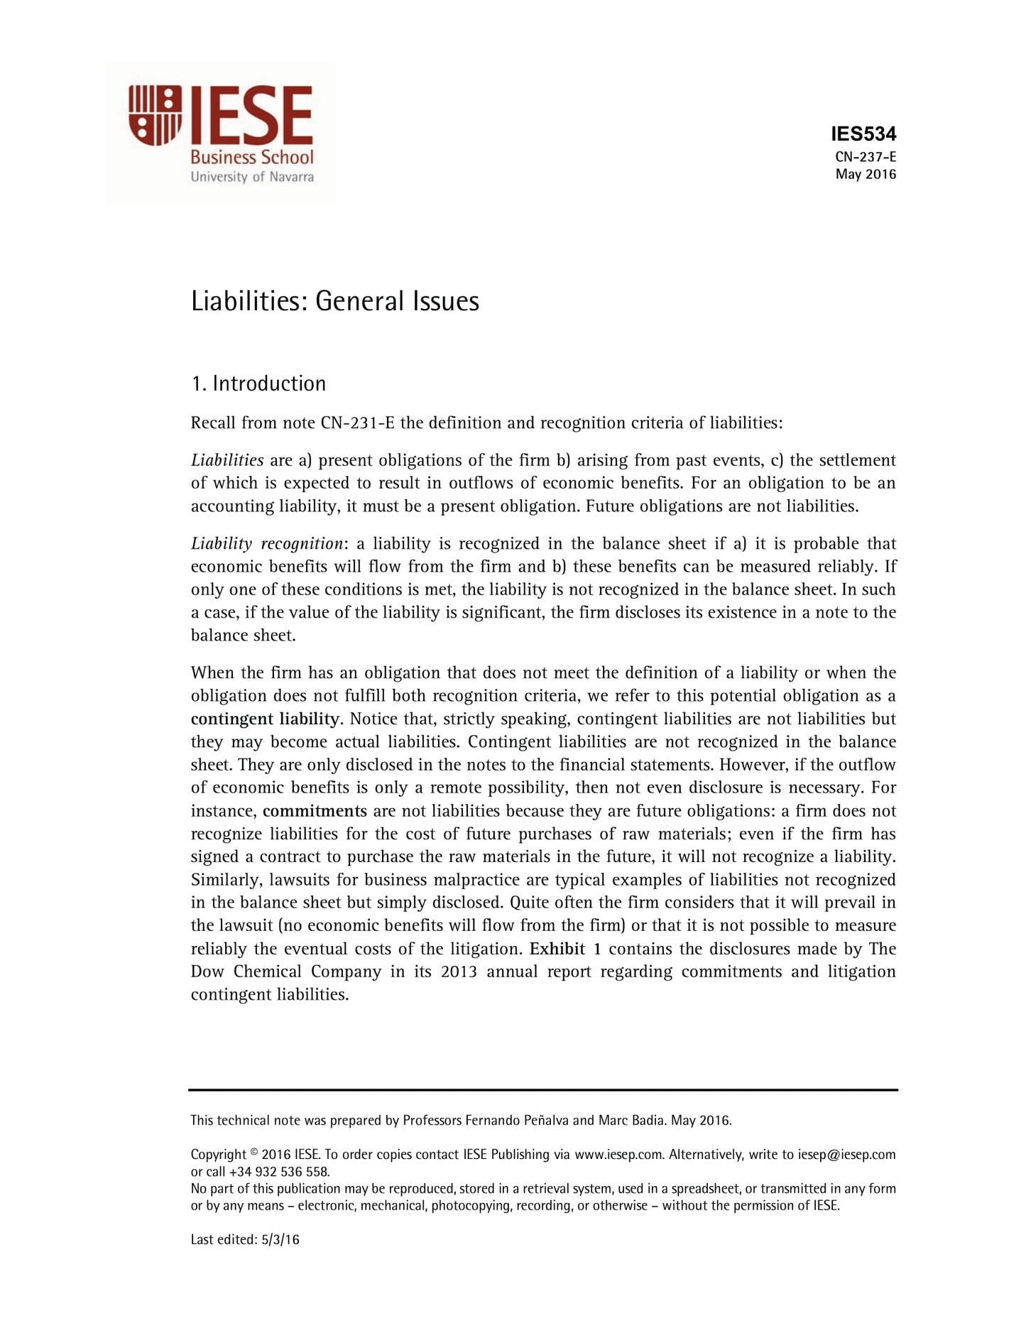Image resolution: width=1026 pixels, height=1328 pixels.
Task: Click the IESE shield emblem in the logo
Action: pos(155,115)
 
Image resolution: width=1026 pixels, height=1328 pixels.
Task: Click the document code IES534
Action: pos(863,134)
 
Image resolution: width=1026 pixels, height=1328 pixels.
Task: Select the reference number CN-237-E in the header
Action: pos(866,158)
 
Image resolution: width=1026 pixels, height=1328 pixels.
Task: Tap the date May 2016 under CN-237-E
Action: pos(866,175)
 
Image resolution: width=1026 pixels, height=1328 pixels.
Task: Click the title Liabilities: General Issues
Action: pos(334,301)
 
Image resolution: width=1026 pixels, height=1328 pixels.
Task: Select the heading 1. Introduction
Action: pos(258,383)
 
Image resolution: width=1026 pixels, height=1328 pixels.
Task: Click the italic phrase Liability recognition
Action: pos(267,544)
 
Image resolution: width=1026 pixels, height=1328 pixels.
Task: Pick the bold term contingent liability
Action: pos(266,719)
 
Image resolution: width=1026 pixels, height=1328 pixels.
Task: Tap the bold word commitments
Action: pos(315,811)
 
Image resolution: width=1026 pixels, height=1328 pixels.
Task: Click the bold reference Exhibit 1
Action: pos(565,949)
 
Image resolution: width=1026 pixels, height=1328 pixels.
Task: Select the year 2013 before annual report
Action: pos(459,971)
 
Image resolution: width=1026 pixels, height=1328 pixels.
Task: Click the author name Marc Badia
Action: pos(631,1121)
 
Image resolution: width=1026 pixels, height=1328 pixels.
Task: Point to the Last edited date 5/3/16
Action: pos(280,1240)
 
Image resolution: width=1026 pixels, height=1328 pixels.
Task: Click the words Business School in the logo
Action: pos(251,157)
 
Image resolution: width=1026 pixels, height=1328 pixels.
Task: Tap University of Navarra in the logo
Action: pos(251,176)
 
